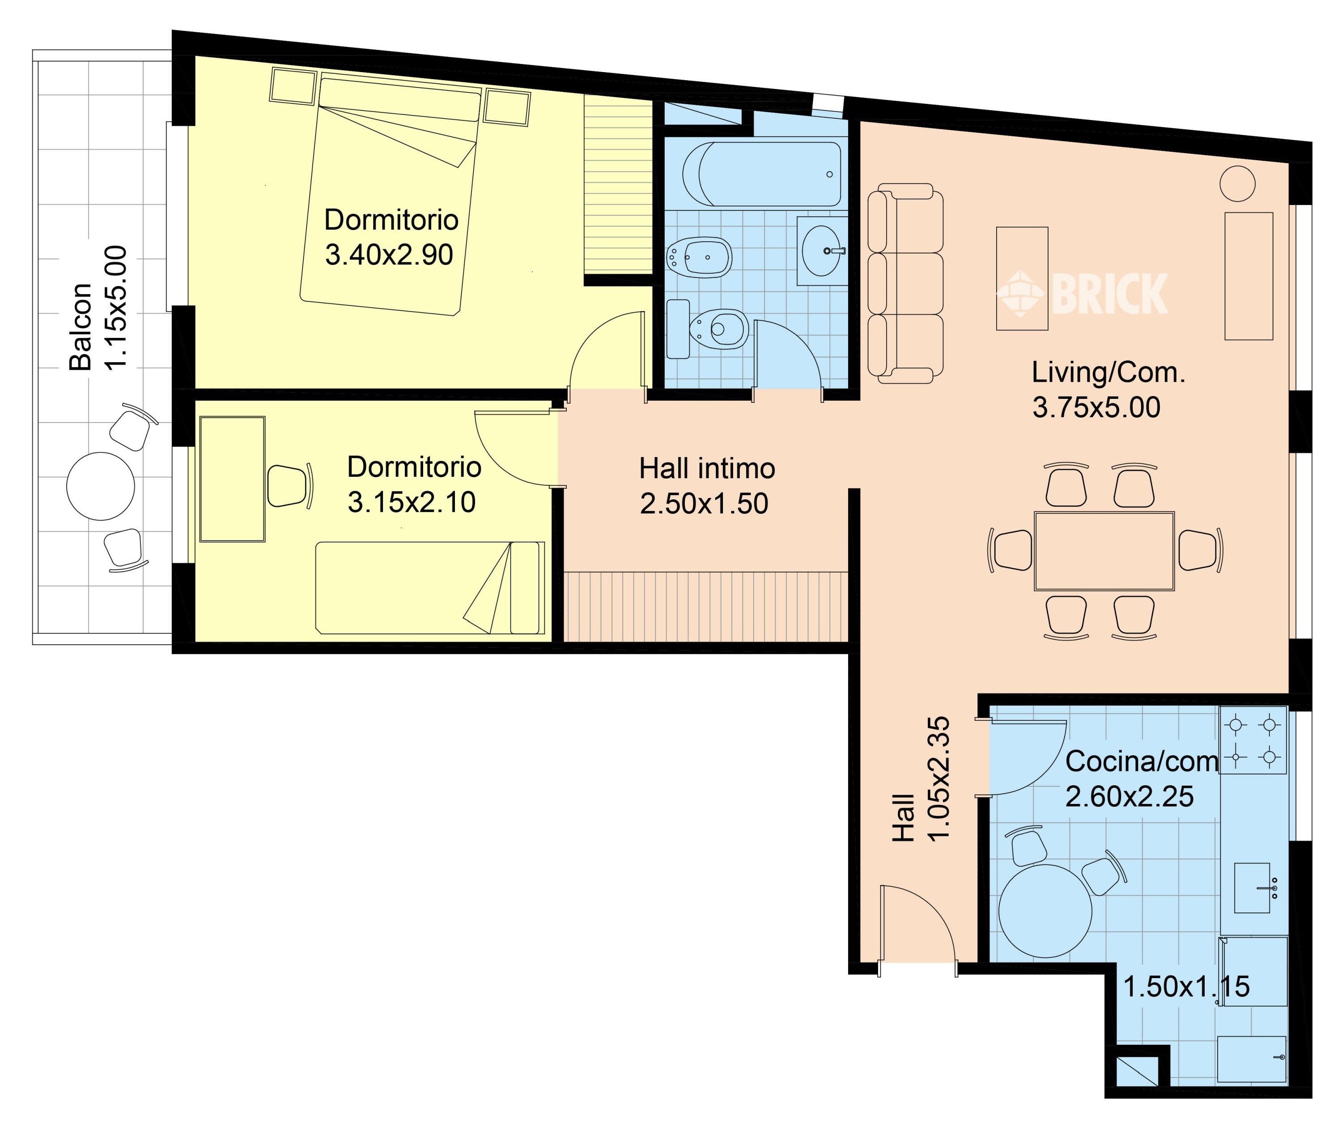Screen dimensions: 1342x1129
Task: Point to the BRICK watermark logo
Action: coord(1082,294)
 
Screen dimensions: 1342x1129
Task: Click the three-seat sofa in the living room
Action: coord(905,283)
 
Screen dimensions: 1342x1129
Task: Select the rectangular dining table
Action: coord(1104,551)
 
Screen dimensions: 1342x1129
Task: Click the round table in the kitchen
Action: coord(1045,911)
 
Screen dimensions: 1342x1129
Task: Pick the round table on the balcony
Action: coord(100,487)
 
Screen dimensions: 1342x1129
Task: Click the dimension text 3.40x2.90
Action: coord(389,255)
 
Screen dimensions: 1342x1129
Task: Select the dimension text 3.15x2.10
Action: coord(411,502)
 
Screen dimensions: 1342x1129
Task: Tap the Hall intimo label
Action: coord(707,469)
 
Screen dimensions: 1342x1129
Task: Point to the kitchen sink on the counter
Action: coord(1253,888)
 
